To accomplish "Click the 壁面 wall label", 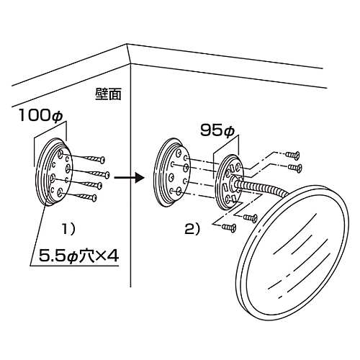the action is (x=108, y=94).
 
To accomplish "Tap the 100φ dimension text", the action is (x=41, y=115).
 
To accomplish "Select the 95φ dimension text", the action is (x=217, y=131).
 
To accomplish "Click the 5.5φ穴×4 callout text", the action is (x=78, y=256).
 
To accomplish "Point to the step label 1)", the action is (x=69, y=230).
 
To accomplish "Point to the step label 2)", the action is (x=192, y=230).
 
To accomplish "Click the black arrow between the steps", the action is (x=129, y=178).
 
